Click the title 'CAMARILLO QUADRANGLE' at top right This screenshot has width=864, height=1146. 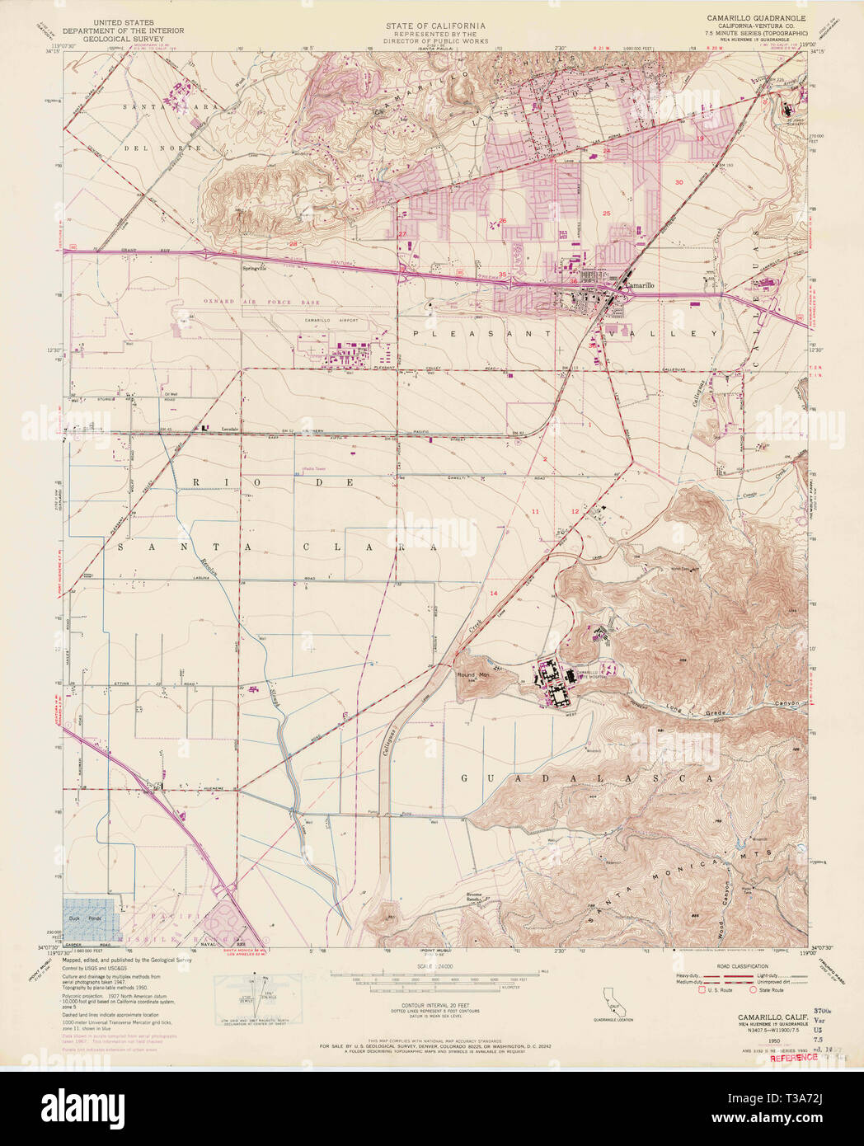[756, 17]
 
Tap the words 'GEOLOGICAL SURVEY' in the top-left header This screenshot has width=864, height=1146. [139, 37]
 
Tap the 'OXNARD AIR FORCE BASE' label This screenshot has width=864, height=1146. [247, 303]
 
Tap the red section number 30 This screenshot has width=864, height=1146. [679, 181]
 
